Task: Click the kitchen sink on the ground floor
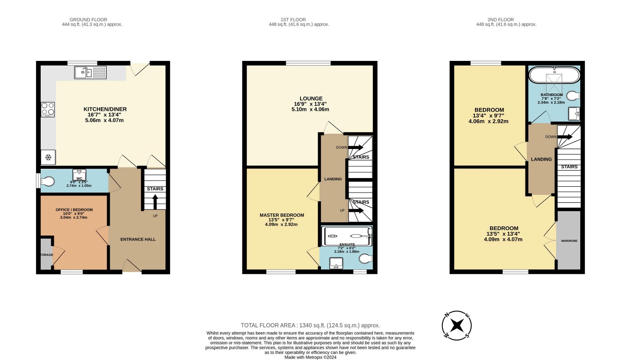pos(90,73)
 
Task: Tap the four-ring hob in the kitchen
pos(48,109)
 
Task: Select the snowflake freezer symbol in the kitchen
pos(48,157)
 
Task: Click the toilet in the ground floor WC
pos(48,181)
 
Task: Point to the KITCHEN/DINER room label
pos(105,109)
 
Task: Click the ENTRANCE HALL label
pos(138,239)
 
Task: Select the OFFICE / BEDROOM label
pos(74,210)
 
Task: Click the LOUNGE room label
pos(311,99)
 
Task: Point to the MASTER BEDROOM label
pos(282,215)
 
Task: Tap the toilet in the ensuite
pos(366,259)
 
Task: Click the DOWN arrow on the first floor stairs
pos(355,147)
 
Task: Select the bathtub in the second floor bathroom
pos(554,75)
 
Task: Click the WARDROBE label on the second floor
pos(569,241)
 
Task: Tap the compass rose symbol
pos(457,325)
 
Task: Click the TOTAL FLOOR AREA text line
pos(310,325)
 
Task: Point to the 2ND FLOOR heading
pos(501,19)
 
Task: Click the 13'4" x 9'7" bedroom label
pos(489,116)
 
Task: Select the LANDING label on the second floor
pos(541,159)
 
